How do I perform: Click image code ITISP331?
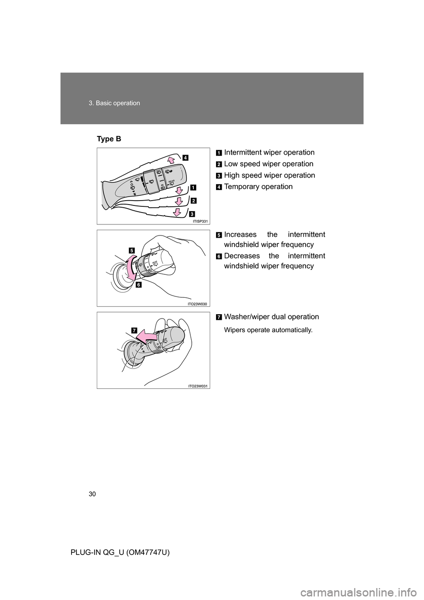(200, 221)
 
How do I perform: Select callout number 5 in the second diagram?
(132, 250)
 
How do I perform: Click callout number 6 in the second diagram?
(139, 285)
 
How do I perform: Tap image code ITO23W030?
(197, 304)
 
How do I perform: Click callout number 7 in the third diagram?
(134, 329)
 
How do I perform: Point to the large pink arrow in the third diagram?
(146, 338)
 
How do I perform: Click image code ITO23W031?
(197, 386)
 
